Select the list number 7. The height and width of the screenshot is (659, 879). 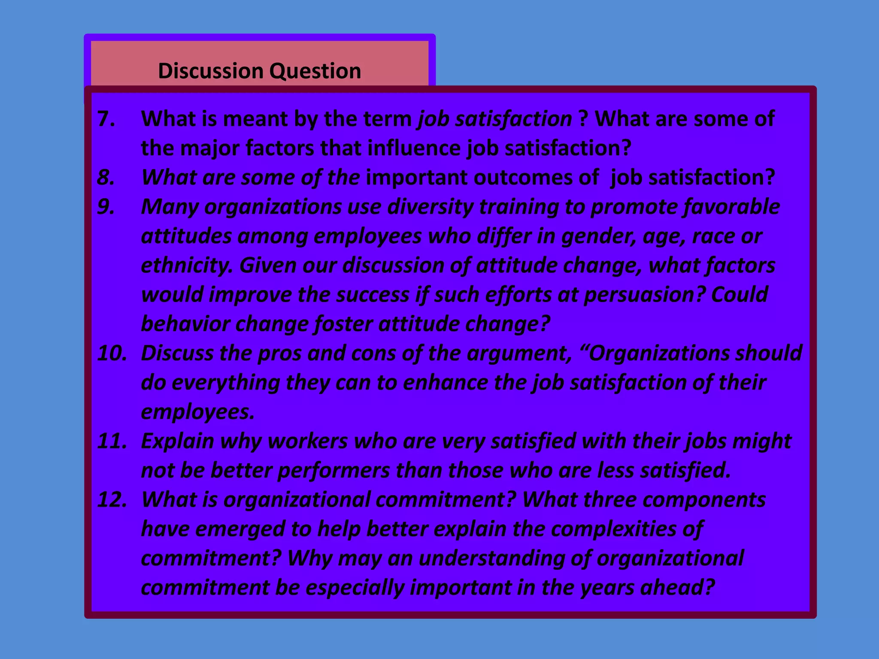pyautogui.click(x=106, y=119)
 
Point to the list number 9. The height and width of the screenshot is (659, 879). pyautogui.click(x=106, y=207)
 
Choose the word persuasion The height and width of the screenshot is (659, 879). pyautogui.click(x=644, y=295)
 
